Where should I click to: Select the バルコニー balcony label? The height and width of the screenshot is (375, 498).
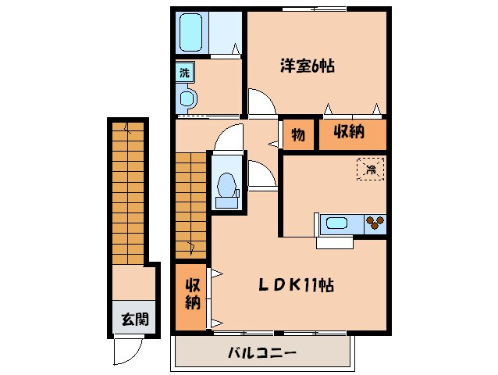(261, 353)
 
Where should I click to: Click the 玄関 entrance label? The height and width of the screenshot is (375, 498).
(130, 320)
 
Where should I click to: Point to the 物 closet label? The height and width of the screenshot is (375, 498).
(298, 134)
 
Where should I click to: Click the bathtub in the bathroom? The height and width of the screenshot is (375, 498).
(191, 34)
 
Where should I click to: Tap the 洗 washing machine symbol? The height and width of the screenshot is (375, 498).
(184, 73)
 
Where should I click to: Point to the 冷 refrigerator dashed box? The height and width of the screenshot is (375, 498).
(371, 169)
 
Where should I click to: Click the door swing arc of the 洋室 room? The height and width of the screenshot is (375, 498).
(261, 103)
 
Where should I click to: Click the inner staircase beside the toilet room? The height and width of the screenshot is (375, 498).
(190, 203)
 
